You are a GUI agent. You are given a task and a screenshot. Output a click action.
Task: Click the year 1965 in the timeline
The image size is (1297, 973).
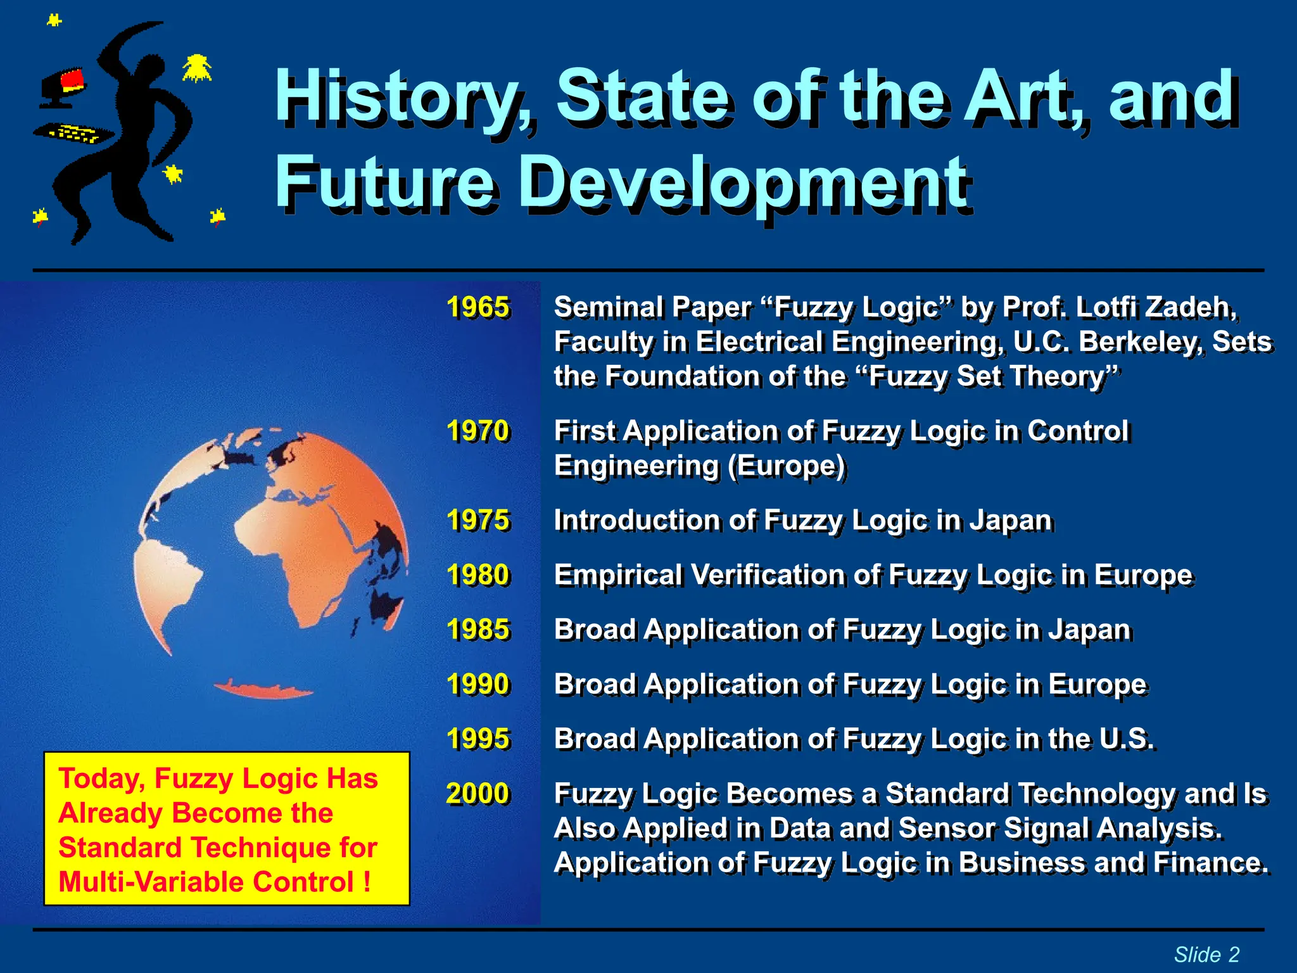478,307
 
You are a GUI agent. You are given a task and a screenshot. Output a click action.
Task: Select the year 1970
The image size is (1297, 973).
478,431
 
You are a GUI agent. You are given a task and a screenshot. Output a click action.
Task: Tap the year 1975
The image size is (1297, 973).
478,520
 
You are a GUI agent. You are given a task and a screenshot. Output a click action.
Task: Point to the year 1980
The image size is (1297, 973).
478,575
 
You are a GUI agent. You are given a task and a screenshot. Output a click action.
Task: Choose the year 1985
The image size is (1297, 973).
478,630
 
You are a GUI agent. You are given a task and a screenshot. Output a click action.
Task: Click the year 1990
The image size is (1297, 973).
478,684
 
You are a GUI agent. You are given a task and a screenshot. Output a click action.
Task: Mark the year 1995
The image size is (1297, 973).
478,739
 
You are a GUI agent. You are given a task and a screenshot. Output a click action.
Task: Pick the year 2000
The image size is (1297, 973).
478,794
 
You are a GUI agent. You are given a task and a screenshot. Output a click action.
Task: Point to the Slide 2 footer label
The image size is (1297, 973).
1206,954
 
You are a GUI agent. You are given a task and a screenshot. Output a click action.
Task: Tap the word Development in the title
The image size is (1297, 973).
744,184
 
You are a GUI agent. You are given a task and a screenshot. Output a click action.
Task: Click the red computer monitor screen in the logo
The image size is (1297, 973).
72,80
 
